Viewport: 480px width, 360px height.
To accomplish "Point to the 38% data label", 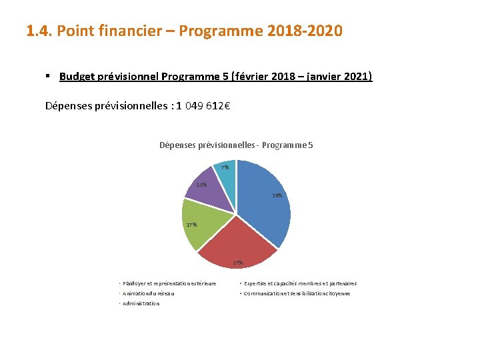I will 277,196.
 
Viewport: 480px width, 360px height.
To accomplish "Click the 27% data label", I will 238,263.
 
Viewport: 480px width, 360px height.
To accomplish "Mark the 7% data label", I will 225,167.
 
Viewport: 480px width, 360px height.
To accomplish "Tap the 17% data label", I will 191,225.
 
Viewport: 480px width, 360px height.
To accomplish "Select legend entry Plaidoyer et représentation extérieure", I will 169,283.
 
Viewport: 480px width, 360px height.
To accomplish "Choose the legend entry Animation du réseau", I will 149,293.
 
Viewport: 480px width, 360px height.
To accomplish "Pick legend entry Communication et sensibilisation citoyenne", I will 297,293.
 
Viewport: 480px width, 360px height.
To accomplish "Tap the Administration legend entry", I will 141,303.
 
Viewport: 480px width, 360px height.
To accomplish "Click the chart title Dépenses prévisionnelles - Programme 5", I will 236,145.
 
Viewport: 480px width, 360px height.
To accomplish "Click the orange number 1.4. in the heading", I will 39,31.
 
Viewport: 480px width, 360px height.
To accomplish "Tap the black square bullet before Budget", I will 49,77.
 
